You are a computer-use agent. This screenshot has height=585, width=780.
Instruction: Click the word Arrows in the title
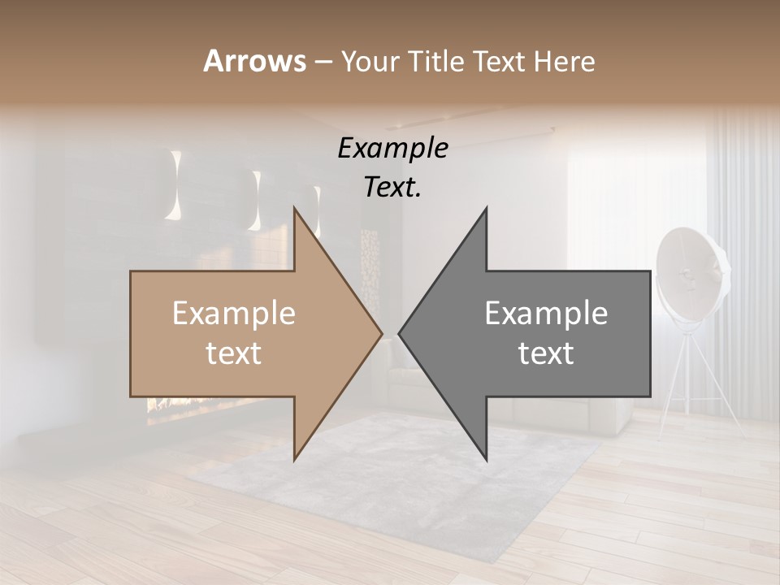coord(254,61)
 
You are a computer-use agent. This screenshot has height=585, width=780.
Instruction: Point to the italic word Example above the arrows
coord(392,149)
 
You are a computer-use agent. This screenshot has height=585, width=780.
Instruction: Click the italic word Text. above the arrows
coord(392,188)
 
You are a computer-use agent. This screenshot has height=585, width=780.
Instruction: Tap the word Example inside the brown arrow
coord(234,314)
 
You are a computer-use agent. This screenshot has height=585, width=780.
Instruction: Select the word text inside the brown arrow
coord(234,353)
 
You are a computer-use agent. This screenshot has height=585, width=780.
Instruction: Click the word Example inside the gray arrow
coord(546,314)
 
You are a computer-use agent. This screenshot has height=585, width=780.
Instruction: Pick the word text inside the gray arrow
coord(546,353)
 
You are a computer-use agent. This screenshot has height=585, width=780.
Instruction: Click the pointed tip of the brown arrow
coord(380,333)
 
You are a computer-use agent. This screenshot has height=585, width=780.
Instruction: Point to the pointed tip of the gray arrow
coord(401,333)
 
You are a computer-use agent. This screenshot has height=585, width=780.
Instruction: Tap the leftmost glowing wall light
coord(175,185)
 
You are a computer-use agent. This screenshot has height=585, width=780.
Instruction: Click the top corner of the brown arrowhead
coord(295,208)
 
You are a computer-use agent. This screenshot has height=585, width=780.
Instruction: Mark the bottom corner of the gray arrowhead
coord(486,459)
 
